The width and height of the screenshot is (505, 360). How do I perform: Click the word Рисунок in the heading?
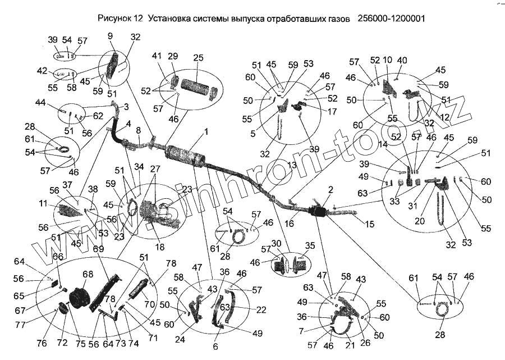point(115,18)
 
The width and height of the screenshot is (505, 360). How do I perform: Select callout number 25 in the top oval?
point(199,58)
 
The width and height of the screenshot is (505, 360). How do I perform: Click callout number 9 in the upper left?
point(110,37)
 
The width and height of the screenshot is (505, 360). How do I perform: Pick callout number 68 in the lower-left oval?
point(88,274)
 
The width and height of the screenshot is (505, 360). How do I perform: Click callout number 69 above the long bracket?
point(99,249)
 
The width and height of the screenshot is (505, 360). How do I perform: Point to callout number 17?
point(332,112)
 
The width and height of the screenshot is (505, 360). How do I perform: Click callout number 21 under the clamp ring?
point(350,346)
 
